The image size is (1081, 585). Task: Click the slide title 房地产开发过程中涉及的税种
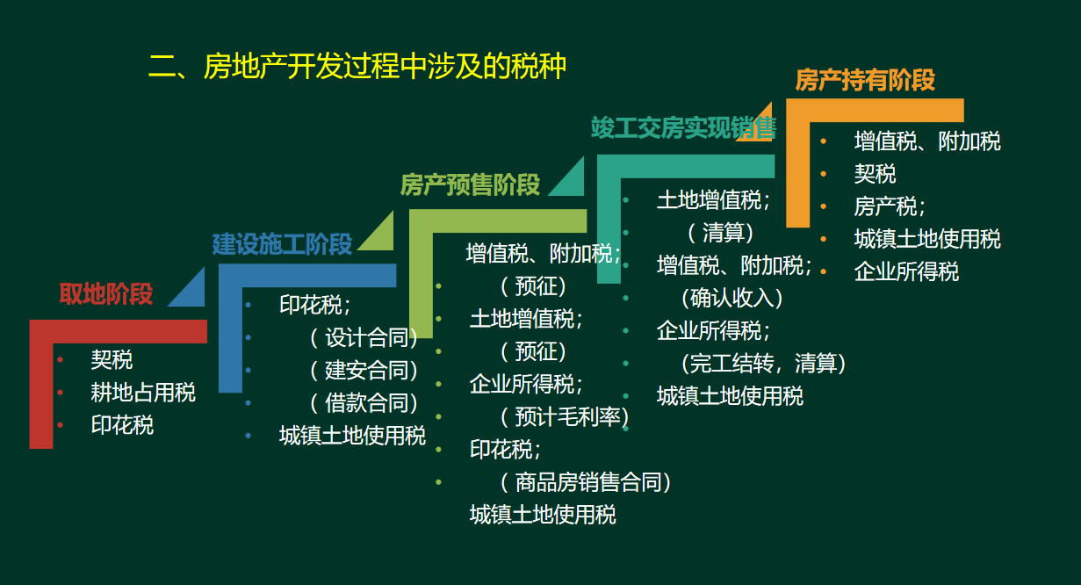click(357, 67)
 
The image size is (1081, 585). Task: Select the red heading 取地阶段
click(106, 293)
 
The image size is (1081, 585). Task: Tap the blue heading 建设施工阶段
click(282, 243)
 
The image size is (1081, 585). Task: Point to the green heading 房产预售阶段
click(470, 184)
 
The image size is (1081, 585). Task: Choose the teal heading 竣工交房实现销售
click(683, 128)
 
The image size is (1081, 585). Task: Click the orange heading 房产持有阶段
click(865, 80)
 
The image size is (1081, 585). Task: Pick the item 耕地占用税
click(143, 392)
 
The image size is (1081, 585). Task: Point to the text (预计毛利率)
click(564, 416)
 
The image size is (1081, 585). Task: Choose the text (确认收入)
click(731, 298)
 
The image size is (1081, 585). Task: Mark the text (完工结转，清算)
click(762, 363)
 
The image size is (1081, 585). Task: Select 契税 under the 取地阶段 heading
click(112, 359)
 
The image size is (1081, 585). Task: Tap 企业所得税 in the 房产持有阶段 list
click(906, 271)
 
